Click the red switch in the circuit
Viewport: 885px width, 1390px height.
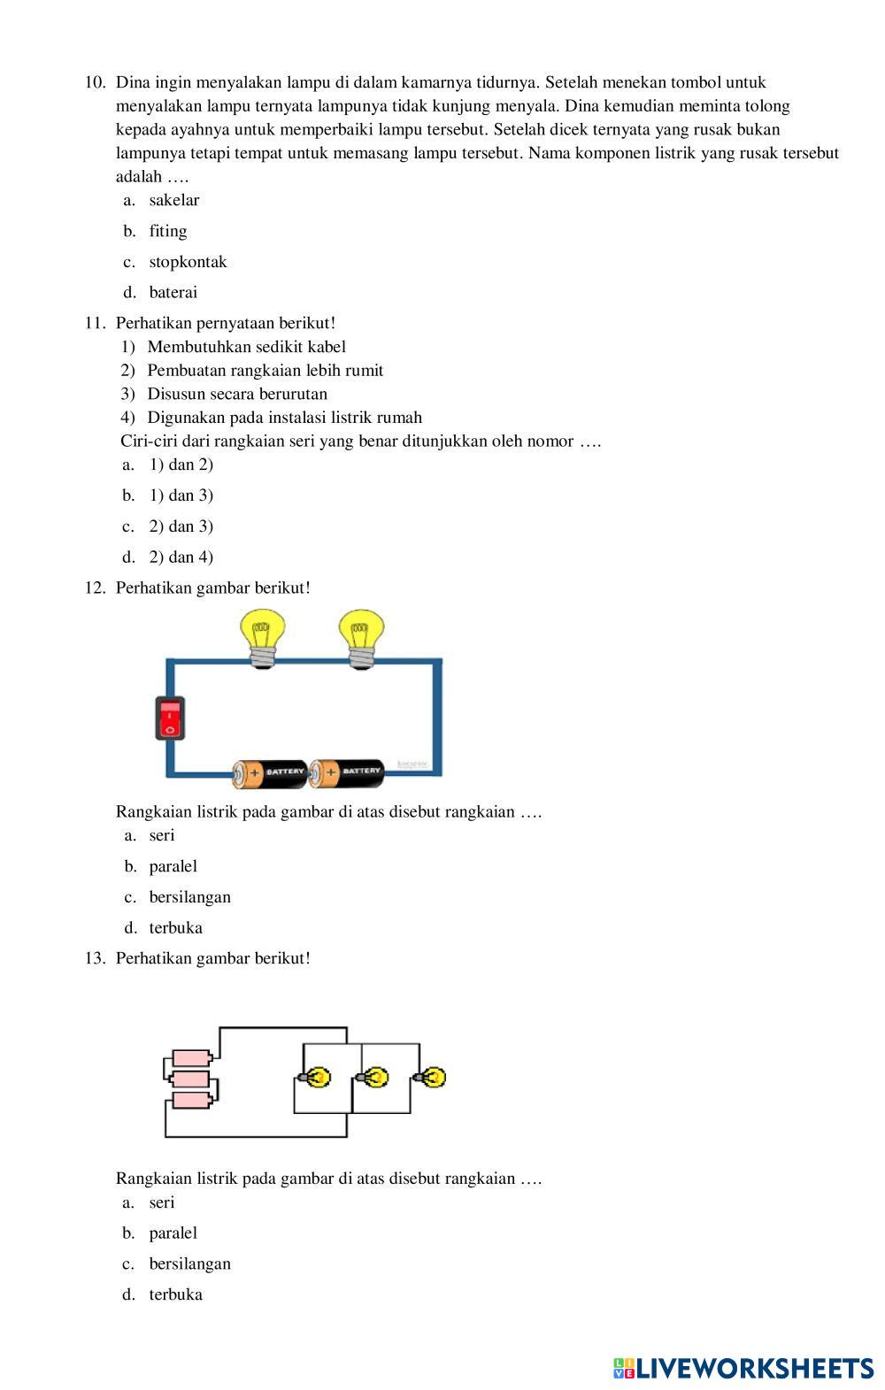(170, 718)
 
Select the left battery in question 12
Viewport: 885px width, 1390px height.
(270, 772)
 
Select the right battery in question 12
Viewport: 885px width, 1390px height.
(347, 772)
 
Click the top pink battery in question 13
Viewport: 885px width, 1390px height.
(191, 1057)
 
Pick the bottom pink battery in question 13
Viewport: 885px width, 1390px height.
(191, 1100)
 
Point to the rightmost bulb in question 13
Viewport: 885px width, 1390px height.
(431, 1078)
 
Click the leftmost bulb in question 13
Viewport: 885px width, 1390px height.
(314, 1078)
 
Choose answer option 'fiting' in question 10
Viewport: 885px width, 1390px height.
(167, 231)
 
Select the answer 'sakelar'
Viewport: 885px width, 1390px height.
(173, 200)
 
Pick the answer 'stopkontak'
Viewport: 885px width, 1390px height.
(188, 262)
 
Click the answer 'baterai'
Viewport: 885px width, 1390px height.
(173, 292)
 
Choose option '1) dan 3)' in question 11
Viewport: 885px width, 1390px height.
(181, 495)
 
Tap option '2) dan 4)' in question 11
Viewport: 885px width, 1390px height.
(181, 557)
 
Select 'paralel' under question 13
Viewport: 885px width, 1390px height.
(173, 1233)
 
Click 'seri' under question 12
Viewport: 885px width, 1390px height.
(162, 835)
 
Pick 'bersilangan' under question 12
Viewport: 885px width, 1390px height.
(189, 897)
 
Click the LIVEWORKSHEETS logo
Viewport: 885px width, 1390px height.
(743, 1368)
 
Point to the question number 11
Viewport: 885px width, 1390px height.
(95, 323)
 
